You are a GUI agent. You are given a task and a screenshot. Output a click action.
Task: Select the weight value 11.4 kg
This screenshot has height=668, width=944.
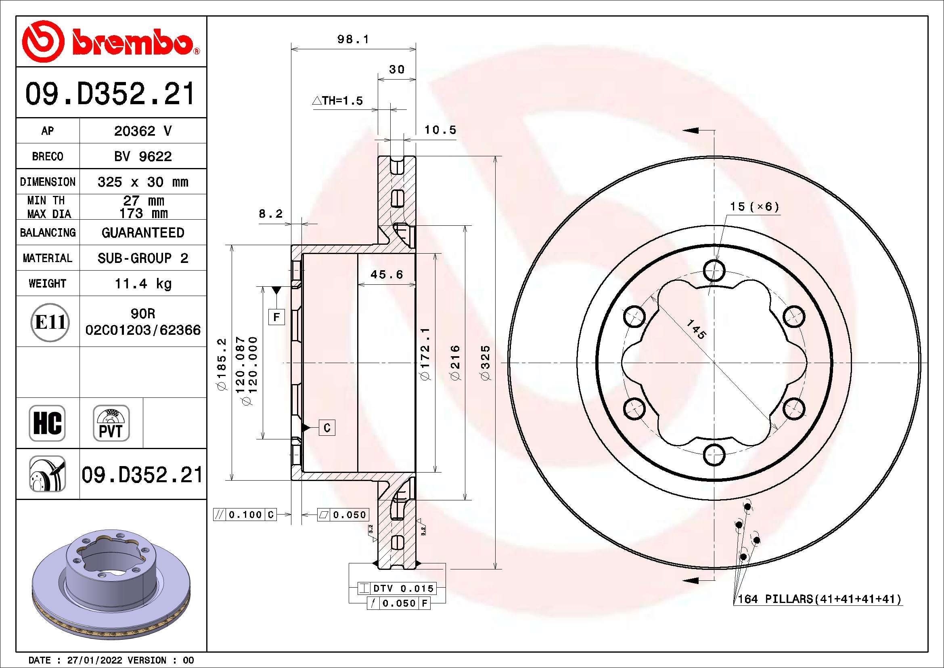click(x=142, y=284)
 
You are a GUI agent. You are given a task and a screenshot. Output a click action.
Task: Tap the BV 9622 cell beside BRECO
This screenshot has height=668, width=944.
click(x=142, y=156)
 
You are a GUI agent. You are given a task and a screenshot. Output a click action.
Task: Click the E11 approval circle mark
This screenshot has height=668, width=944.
click(x=50, y=322)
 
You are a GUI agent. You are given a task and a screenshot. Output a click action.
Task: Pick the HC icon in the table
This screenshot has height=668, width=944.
click(x=47, y=423)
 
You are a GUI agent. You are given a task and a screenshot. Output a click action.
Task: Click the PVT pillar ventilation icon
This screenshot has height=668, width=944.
click(x=111, y=423)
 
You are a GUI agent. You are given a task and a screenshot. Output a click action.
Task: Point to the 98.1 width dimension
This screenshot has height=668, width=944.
click(x=353, y=40)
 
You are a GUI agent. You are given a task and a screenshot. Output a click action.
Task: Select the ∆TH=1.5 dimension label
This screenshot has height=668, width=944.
click(x=338, y=101)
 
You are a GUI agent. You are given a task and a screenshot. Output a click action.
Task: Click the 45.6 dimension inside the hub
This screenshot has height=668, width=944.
click(x=387, y=274)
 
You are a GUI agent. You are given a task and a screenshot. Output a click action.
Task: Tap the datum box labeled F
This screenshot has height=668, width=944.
click(x=276, y=317)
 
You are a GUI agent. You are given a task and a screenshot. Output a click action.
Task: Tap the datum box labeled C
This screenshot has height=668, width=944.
click(x=327, y=428)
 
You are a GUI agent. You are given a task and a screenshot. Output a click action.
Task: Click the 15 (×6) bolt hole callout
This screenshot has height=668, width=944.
click(x=754, y=206)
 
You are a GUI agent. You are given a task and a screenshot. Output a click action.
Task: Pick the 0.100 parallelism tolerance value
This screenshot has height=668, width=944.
click(x=245, y=515)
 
